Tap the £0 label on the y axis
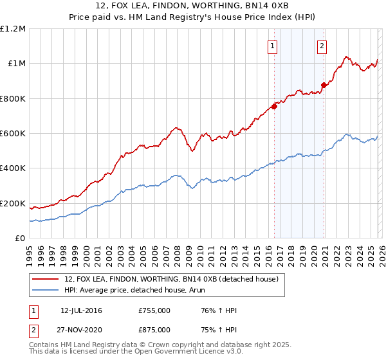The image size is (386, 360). click(21, 239)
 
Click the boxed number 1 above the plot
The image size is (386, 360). click(273, 46)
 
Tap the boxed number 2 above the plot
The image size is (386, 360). click(321, 46)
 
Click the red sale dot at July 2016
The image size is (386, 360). click(274, 106)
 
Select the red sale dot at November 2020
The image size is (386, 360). click(324, 85)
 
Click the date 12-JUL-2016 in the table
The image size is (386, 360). click(81, 310)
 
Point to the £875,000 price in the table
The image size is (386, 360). click(154, 329)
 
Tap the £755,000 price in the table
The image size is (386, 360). click(154, 310)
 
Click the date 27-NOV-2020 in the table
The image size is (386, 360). click(81, 329)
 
